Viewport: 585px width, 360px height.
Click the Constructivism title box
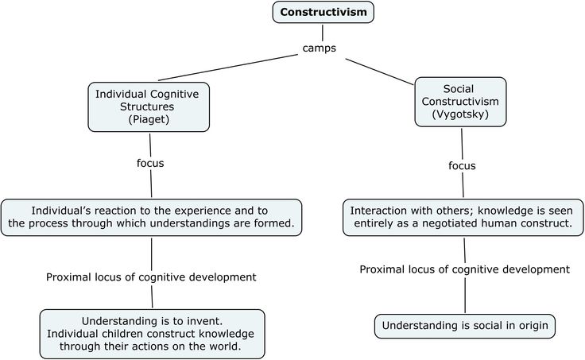click(323, 12)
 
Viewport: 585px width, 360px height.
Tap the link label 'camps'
click(320, 48)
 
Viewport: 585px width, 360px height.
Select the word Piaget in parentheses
click(149, 119)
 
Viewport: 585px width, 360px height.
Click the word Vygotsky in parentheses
click(460, 114)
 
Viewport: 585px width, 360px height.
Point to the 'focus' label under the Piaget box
click(150, 163)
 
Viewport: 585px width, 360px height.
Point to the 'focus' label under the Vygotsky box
click(462, 165)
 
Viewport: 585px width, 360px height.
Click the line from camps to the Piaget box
click(228, 68)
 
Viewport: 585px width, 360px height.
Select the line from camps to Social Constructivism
click(379, 72)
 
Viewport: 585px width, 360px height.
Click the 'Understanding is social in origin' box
click(465, 326)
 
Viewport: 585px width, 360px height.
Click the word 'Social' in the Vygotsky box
click(459, 89)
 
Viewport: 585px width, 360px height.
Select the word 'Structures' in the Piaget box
click(147, 106)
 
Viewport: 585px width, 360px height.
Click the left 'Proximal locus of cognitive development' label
click(151, 277)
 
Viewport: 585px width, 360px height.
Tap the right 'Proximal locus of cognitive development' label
click(464, 269)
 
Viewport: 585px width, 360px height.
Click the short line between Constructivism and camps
click(323, 33)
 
